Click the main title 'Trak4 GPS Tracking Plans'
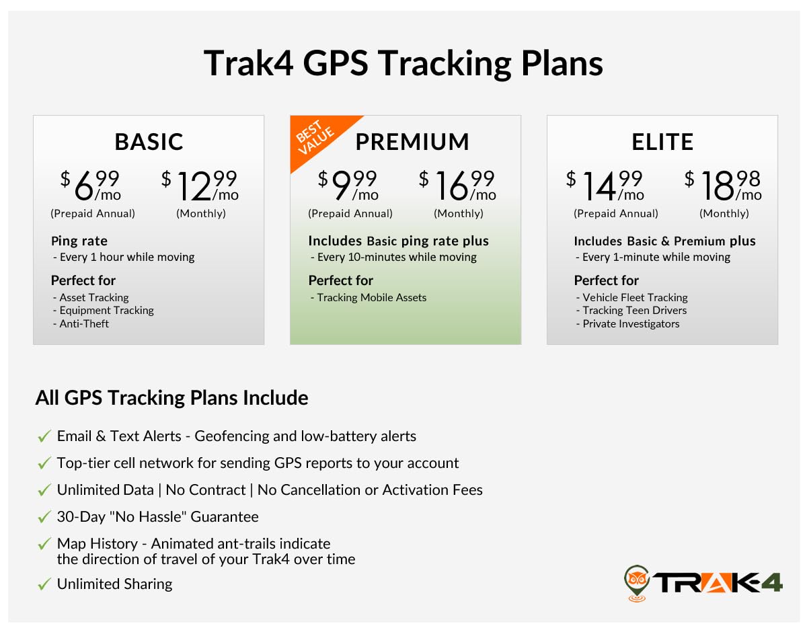coord(403,64)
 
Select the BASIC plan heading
coord(149,142)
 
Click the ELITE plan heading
coord(662,142)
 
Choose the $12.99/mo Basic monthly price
coord(201,186)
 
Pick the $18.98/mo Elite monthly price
coord(724,186)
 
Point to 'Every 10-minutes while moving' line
coord(393,257)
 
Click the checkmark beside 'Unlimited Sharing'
coord(44,585)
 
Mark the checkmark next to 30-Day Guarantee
coord(44,518)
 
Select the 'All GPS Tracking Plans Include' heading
coord(171,398)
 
